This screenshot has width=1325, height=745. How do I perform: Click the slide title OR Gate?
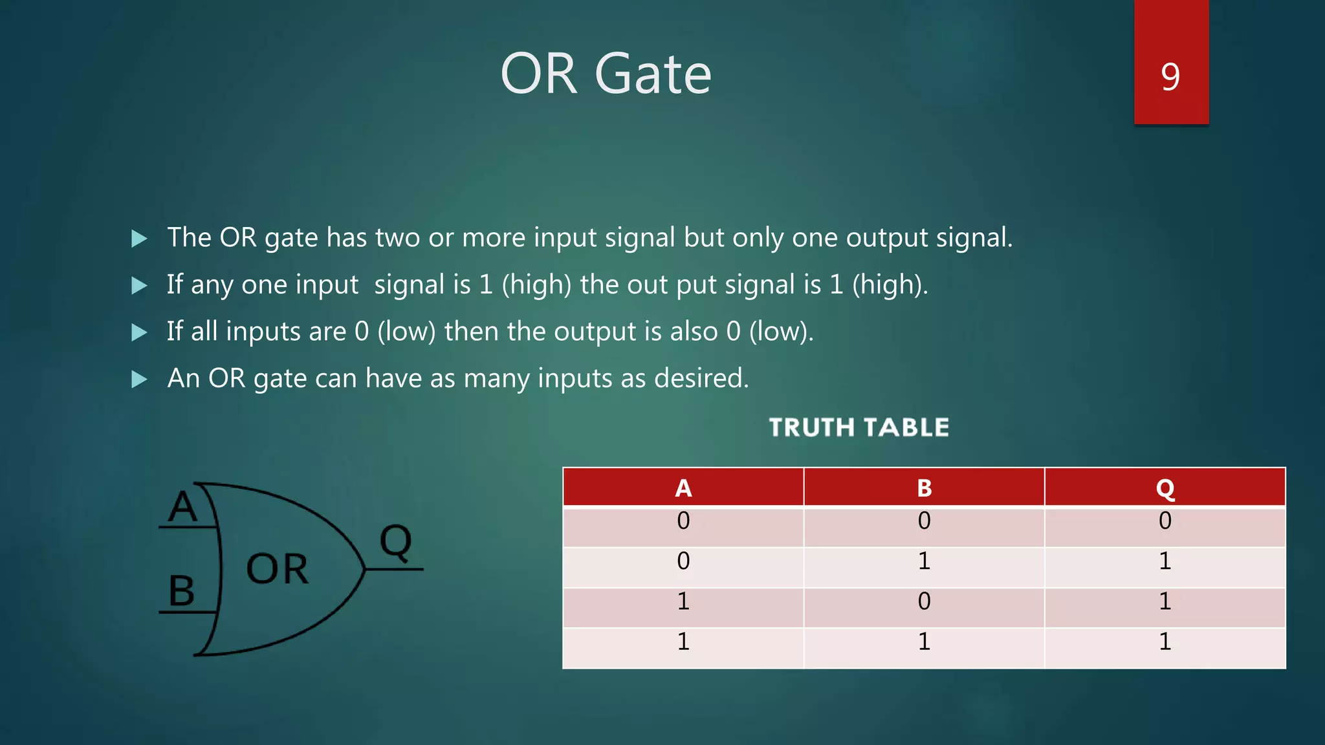tap(606, 74)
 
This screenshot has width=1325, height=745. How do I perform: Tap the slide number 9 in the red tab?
tap(1170, 76)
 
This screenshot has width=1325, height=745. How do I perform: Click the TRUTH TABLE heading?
tap(859, 427)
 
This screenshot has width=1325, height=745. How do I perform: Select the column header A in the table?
tap(683, 488)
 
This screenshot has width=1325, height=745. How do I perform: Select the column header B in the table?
tap(924, 488)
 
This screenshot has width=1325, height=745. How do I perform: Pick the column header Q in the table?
tap(1165, 489)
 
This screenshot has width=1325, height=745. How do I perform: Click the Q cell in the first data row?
tap(1165, 521)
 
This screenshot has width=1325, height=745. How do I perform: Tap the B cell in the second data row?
tap(924, 561)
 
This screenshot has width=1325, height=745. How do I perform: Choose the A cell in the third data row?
tap(683, 601)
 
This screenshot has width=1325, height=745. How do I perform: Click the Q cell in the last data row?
tap(1165, 642)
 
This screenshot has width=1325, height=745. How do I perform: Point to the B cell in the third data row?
tap(924, 601)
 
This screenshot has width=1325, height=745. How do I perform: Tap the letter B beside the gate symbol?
tap(181, 590)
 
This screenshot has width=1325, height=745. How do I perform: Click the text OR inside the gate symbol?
tap(277, 569)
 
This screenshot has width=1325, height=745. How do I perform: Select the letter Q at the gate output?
tap(395, 541)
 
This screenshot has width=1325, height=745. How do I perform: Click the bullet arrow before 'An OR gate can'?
tap(139, 379)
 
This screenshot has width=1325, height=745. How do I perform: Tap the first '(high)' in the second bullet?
tap(536, 285)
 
